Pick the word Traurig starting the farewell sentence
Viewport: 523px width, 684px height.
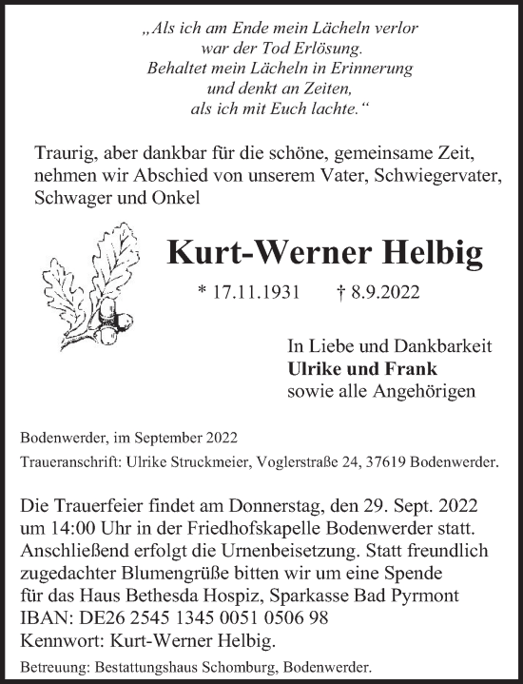pos(66,155)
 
